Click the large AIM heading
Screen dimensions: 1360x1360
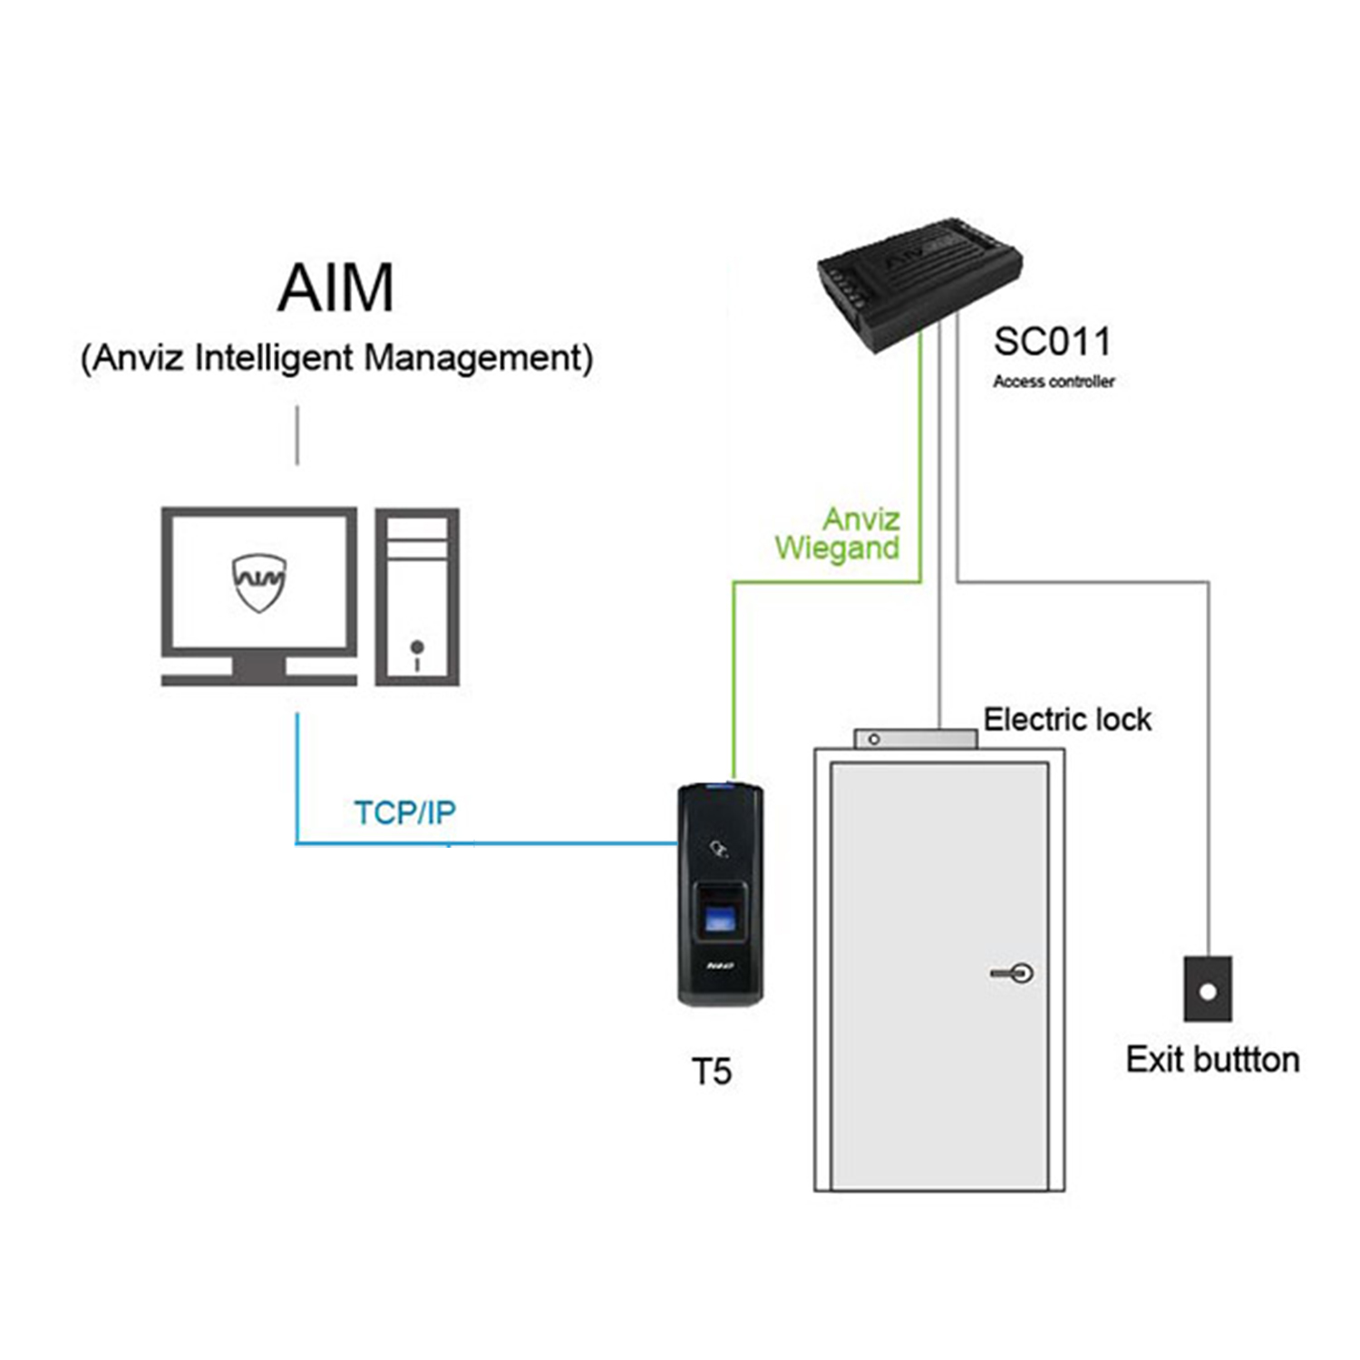[335, 288]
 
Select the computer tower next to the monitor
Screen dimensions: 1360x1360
[417, 597]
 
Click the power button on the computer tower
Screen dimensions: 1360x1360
[417, 647]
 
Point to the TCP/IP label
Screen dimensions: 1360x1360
[404, 813]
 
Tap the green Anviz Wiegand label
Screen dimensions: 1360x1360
[838, 534]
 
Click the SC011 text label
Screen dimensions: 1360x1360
[1052, 343]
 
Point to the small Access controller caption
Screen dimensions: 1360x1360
[1054, 382]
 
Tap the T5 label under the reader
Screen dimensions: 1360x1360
[712, 1072]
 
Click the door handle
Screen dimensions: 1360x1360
[1014, 974]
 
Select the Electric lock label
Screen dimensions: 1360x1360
[1067, 720]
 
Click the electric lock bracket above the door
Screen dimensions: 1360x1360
[916, 739]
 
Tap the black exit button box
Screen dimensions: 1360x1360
[1208, 989]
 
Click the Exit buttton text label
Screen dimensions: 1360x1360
[1212, 1060]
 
